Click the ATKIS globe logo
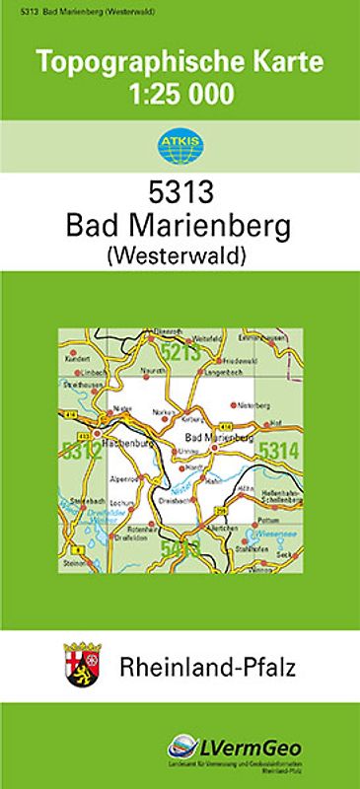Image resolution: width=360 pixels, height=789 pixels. (179, 147)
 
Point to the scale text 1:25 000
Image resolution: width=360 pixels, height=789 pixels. (180, 94)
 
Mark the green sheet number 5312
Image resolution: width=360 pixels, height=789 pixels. (80, 453)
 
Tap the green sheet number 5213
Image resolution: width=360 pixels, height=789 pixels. (181, 353)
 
